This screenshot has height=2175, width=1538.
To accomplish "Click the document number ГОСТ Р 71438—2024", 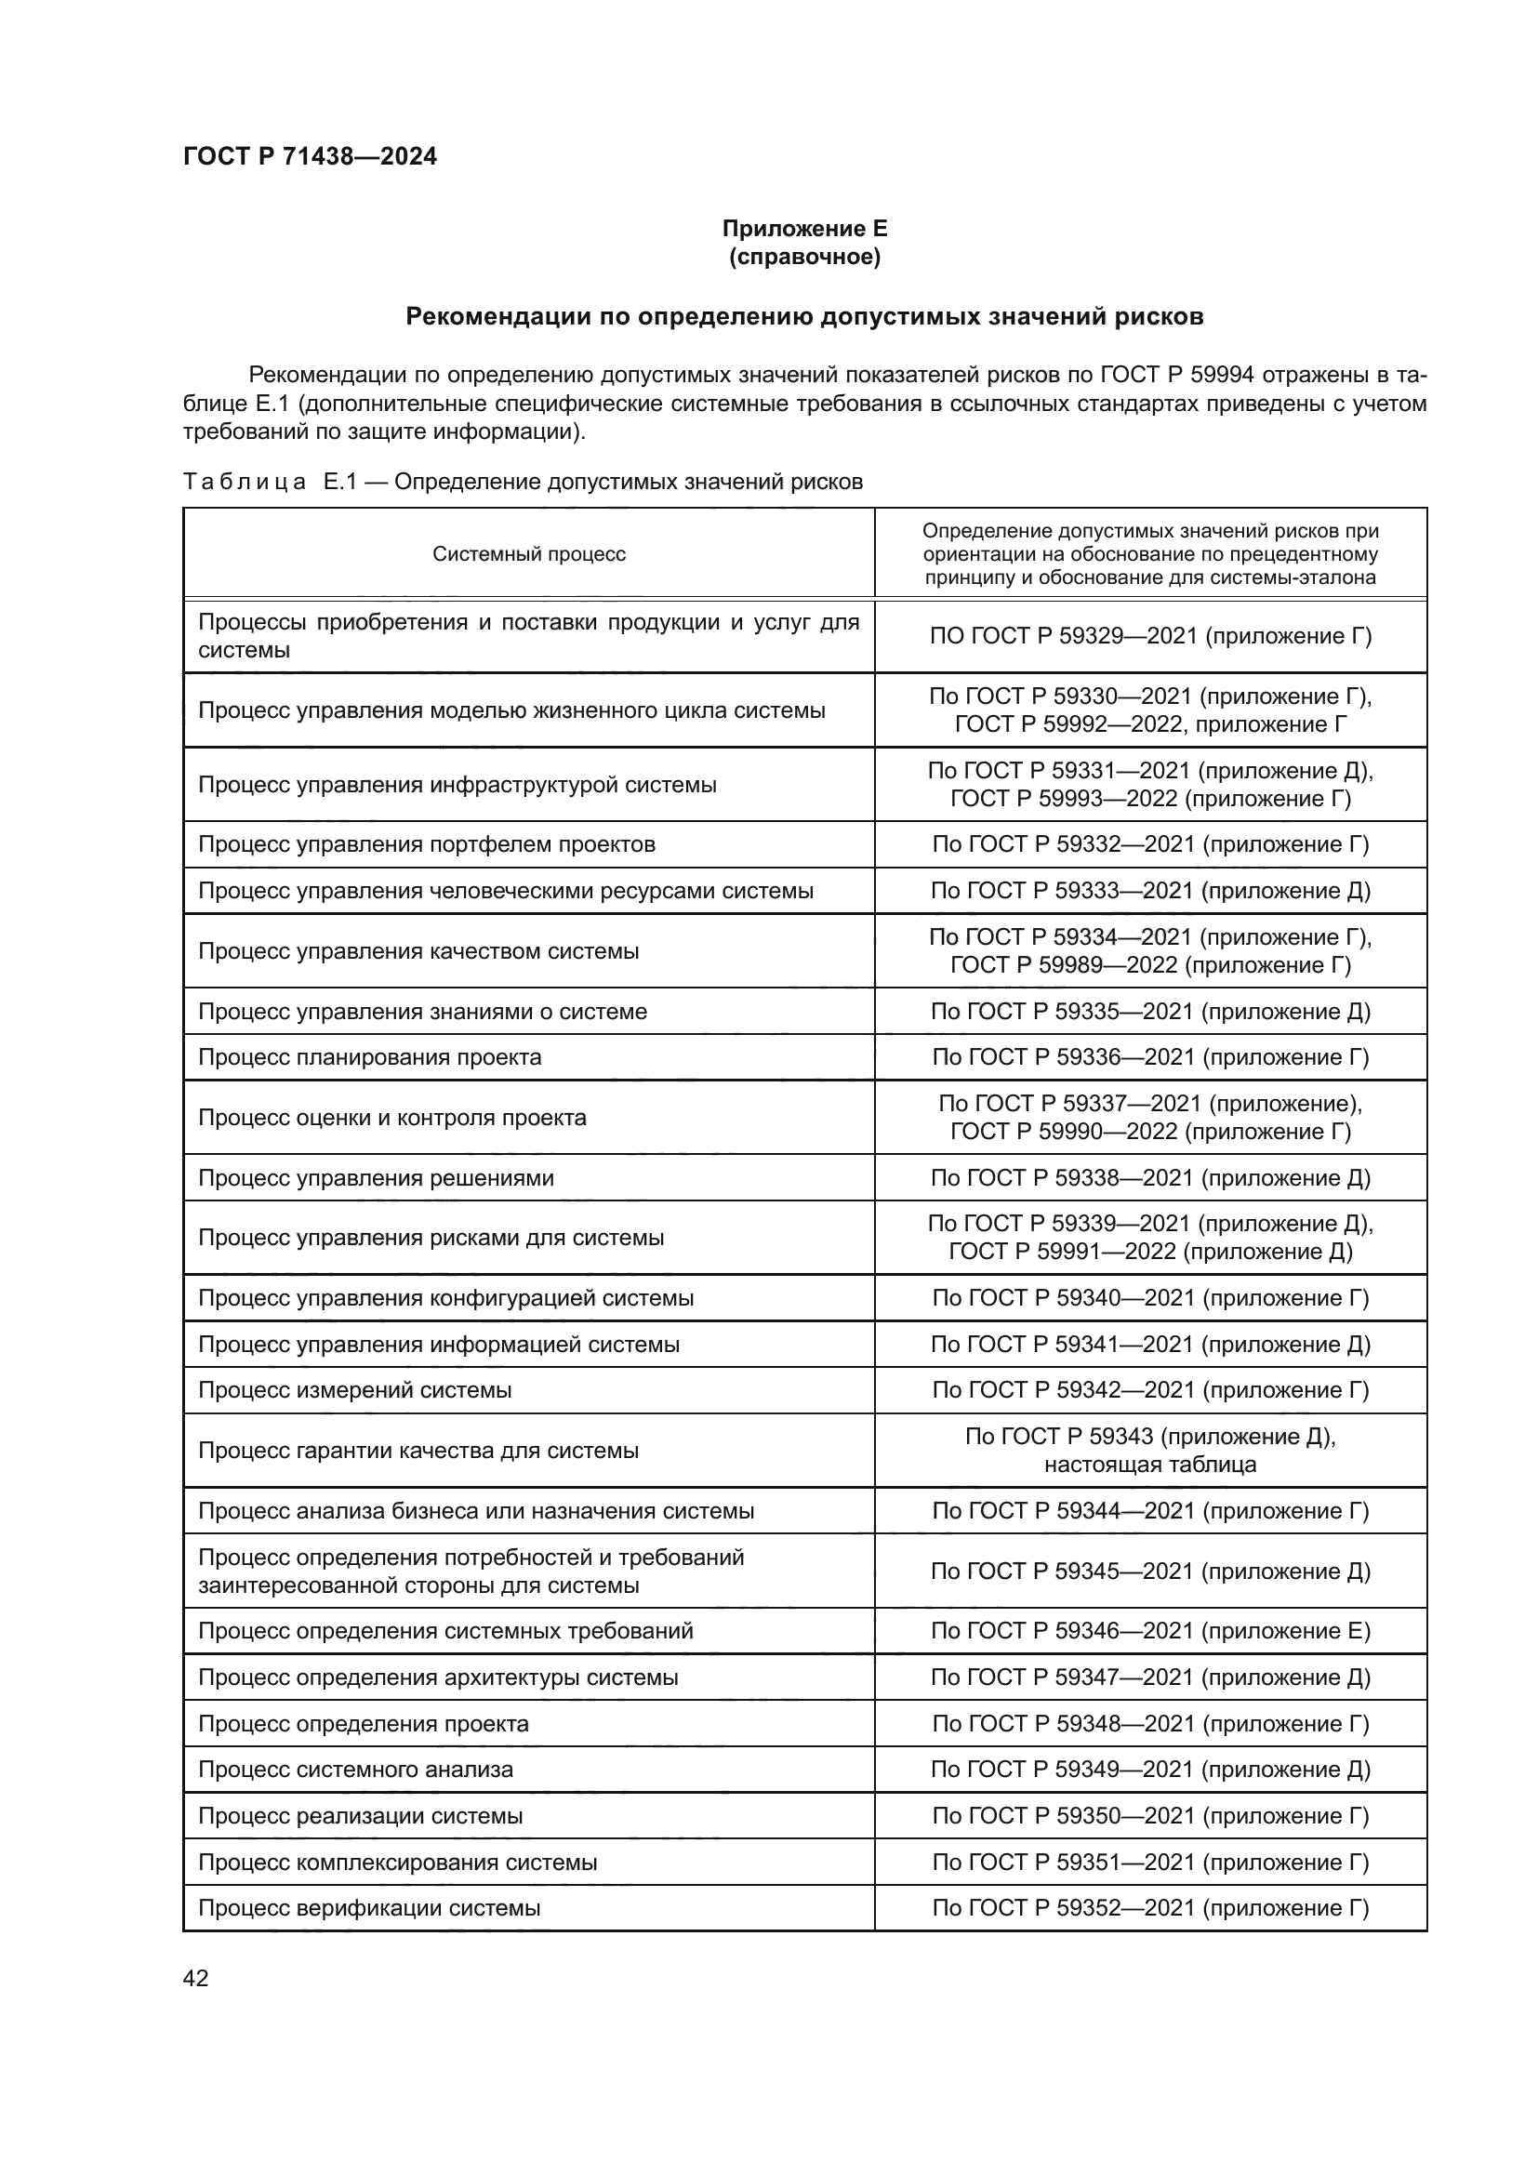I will point(310,156).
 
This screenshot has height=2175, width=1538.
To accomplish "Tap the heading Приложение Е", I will point(804,229).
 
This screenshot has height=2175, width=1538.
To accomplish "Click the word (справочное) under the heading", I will point(804,257).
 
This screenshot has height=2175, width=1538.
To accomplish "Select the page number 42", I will point(196,1978).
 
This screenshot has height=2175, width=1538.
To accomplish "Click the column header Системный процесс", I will point(528,554).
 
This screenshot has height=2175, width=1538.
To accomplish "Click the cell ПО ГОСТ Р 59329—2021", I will point(1149,637).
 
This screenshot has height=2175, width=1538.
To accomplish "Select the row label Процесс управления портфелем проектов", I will point(426,844).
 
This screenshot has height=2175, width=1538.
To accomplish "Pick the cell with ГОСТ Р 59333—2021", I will point(1149,891).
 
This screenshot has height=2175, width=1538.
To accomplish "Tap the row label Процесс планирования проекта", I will point(369,1057).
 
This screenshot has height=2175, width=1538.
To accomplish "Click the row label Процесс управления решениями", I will point(376,1178).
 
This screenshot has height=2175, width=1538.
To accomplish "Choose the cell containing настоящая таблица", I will point(1149,1465).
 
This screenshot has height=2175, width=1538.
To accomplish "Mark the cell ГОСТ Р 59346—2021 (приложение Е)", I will point(1149,1630).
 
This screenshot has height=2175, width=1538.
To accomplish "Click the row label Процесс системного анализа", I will point(355,1770).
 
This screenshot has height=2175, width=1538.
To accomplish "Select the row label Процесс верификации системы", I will point(369,1908).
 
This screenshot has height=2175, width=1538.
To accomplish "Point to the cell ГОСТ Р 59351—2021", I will point(1149,1863).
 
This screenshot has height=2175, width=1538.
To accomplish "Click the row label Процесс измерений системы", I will point(355,1389).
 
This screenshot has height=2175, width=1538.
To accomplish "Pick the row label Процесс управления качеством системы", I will point(418,951).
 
